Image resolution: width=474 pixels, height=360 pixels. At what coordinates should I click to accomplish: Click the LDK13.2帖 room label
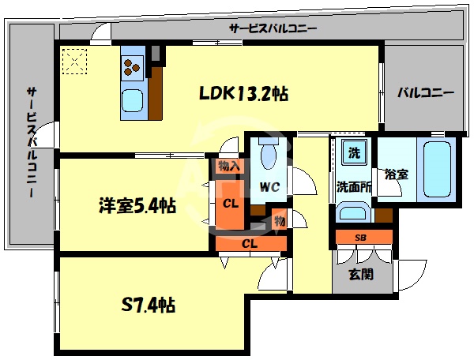(x=242, y=94)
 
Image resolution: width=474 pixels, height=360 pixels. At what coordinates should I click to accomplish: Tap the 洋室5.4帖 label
(x=137, y=207)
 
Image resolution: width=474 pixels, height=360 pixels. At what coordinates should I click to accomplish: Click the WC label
(x=269, y=188)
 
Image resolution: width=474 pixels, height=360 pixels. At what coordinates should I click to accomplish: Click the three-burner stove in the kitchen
(x=132, y=68)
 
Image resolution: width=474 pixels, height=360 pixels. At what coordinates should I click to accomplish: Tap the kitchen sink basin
(x=132, y=102)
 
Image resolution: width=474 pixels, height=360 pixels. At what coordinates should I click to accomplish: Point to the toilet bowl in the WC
(x=267, y=154)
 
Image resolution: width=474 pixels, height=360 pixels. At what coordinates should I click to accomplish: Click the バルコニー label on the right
(x=425, y=92)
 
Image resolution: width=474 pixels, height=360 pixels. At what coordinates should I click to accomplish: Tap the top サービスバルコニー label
(x=273, y=28)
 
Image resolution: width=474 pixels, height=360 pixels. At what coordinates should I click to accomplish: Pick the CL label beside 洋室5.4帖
(x=230, y=203)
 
